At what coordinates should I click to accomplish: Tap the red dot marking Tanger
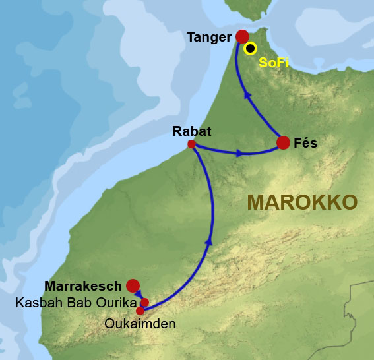coord(242,36)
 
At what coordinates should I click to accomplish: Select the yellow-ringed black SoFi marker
coord(250,48)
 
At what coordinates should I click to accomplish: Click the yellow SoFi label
coord(273,63)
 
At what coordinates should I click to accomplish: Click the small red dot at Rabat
coord(191,144)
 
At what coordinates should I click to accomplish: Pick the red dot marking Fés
coord(283,142)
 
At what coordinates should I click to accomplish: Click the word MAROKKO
coord(302,202)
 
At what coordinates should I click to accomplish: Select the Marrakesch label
coord(83,286)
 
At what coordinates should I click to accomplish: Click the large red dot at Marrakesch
coord(133,285)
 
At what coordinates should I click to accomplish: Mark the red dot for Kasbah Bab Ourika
coord(144,303)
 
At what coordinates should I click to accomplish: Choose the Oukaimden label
coord(140,324)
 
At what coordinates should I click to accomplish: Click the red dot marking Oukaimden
coord(140,311)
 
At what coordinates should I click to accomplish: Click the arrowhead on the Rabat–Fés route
coord(240,154)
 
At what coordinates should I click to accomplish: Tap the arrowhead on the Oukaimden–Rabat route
coord(210,243)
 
